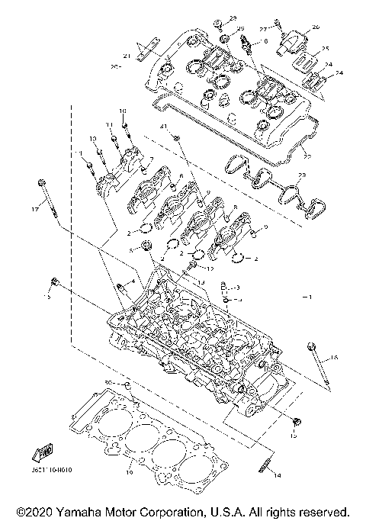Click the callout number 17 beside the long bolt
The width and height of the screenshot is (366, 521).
34,208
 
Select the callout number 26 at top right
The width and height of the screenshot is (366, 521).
316,27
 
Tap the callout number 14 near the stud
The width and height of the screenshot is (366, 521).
277,475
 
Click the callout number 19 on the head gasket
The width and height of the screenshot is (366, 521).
130,462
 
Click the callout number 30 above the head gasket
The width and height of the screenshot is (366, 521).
108,381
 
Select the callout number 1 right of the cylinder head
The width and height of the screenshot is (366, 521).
309,294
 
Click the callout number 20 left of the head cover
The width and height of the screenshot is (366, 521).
115,67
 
